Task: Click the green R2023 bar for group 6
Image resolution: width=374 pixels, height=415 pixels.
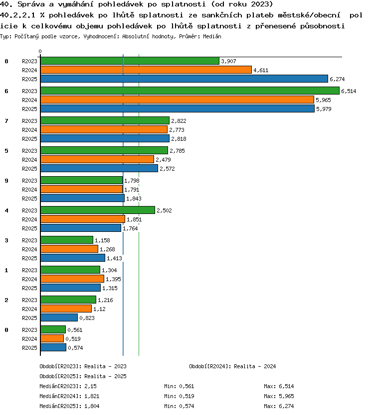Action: [x=190, y=91]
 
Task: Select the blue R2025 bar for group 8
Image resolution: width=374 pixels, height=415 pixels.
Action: [x=184, y=79]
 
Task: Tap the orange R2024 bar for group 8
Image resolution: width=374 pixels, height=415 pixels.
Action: [x=146, y=70]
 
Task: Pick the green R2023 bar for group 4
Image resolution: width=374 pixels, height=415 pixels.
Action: [x=98, y=210]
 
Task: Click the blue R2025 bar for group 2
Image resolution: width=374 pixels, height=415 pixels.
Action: [x=59, y=317]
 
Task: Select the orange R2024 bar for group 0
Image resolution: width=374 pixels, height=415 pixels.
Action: [x=52, y=338]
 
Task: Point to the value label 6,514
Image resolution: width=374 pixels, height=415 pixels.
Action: [x=349, y=91]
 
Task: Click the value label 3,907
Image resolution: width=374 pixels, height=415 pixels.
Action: [x=228, y=61]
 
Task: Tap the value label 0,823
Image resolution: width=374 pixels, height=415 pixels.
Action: [x=87, y=318]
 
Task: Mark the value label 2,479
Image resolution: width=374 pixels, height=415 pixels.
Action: [x=163, y=160]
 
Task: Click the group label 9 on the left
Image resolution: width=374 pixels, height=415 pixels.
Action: [x=6, y=181]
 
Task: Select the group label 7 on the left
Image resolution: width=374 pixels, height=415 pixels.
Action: [x=6, y=121]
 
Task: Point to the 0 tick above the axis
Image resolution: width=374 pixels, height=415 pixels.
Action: [x=40, y=51]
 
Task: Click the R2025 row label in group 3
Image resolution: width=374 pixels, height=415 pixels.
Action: [x=29, y=258]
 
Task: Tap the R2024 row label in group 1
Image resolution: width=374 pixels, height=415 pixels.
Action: [x=29, y=279]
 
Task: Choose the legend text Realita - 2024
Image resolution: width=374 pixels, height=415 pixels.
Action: [x=255, y=366]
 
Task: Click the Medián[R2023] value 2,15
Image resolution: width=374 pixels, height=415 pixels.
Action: [x=90, y=386]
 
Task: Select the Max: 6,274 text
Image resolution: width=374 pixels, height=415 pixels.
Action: [x=279, y=406]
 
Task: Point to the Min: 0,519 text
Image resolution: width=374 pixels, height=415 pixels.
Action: [x=179, y=396]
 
